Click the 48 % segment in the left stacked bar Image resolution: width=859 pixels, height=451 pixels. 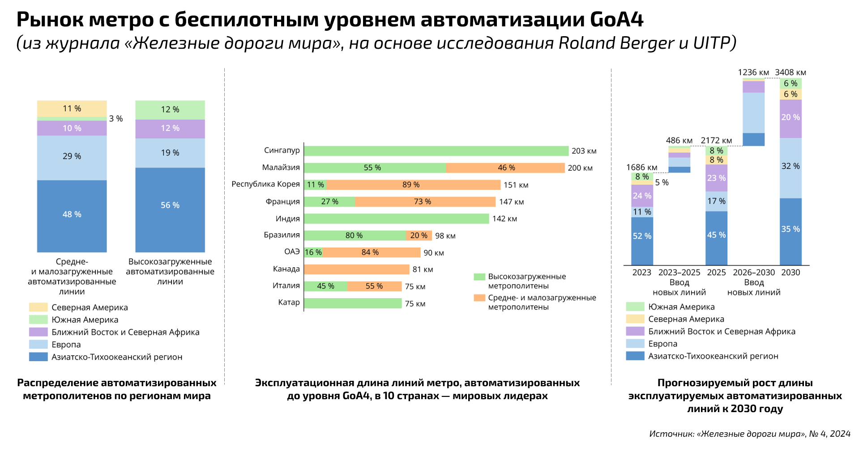[72, 215]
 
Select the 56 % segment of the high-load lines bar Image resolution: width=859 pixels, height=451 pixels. [170, 206]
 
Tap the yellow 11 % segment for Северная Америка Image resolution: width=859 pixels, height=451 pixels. [72, 109]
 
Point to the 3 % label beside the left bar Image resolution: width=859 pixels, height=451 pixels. [116, 119]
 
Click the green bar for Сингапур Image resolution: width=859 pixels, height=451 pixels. [436, 151]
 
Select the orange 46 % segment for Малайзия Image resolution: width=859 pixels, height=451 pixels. [505, 168]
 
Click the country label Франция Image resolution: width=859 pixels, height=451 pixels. [282, 202]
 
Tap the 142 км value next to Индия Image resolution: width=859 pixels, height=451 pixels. [504, 219]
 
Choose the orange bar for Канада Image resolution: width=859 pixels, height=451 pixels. [357, 270]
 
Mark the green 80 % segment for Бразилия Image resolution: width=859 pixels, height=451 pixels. [355, 236]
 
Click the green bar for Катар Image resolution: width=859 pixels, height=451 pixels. [353, 303]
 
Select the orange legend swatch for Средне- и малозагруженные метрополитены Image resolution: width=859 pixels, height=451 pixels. [479, 298]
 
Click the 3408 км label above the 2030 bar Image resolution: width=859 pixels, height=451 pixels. [791, 72]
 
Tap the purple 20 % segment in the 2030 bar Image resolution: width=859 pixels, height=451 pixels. [791, 118]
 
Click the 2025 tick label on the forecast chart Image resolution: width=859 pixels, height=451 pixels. [716, 273]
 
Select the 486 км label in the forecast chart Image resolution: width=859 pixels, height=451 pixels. [679, 141]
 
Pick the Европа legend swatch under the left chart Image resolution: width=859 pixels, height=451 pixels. [38, 345]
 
